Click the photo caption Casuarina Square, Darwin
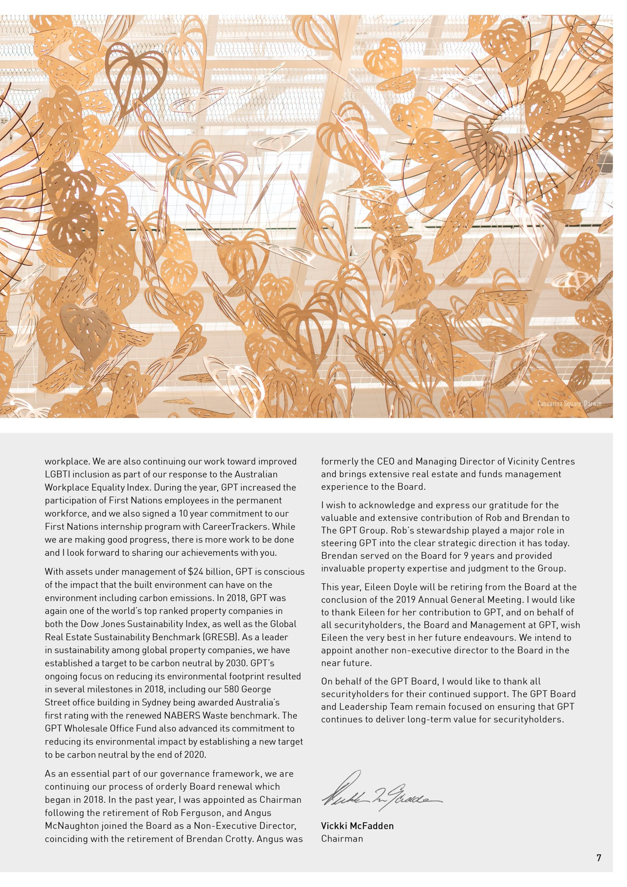click(569, 404)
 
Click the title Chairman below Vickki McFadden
click(342, 838)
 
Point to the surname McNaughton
click(72, 826)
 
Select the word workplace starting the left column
click(63, 461)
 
